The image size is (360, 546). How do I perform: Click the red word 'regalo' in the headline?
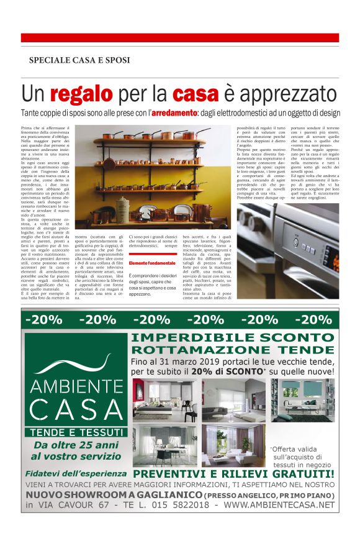[x=82, y=94]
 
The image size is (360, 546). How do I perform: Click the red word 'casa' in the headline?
[x=196, y=94]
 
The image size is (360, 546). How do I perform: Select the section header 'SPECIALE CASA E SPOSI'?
[x=79, y=60]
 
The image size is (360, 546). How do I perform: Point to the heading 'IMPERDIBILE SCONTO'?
[x=233, y=338]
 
